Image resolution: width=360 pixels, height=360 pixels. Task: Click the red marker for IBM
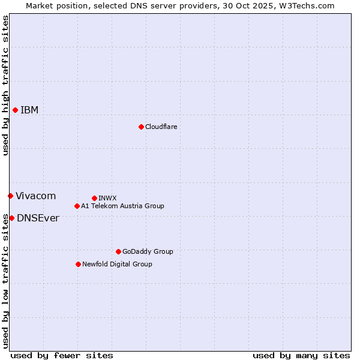tap(15, 110)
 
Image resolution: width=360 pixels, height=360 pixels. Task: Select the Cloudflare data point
tap(141, 127)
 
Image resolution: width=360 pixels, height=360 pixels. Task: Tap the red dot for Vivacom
tap(10, 196)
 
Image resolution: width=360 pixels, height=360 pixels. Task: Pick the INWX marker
tap(94, 198)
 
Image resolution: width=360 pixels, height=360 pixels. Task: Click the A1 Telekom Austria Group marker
tap(77, 206)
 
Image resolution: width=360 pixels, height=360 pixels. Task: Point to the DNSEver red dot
tap(11, 218)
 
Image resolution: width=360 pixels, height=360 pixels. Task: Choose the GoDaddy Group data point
tap(118, 251)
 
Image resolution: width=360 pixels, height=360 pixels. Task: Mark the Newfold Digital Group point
tap(78, 264)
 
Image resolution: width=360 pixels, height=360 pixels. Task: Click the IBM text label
tap(29, 110)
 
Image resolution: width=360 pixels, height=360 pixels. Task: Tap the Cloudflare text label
tap(161, 127)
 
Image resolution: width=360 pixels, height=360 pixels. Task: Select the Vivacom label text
tap(35, 196)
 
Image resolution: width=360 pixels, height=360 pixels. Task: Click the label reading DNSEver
tap(38, 218)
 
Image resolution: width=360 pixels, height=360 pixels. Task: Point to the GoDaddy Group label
tap(148, 251)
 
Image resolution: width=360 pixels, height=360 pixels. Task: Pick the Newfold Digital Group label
tap(117, 264)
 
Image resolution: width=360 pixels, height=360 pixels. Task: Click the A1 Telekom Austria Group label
tap(122, 206)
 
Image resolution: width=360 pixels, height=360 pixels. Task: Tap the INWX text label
tap(107, 198)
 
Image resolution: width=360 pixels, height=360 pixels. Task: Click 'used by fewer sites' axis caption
tap(62, 355)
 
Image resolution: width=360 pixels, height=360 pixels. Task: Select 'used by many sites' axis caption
tap(301, 355)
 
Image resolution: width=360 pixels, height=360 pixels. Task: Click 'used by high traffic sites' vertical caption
tap(5, 85)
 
